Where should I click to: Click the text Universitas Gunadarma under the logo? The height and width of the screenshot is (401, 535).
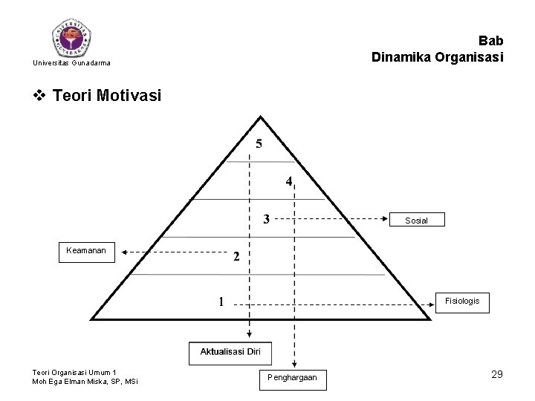pyautogui.click(x=72, y=63)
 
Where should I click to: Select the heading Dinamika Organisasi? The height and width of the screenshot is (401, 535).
pyautogui.click(x=438, y=56)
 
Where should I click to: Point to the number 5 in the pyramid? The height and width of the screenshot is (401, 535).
pyautogui.click(x=259, y=144)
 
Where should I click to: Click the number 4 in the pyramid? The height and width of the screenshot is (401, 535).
pyautogui.click(x=289, y=181)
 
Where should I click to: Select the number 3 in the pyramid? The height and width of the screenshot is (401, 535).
pyautogui.click(x=267, y=218)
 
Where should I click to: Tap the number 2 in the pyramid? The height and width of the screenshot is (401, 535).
pyautogui.click(x=236, y=257)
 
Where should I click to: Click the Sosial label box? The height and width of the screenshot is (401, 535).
pyautogui.click(x=416, y=220)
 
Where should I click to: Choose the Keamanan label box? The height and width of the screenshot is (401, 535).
pyautogui.click(x=87, y=250)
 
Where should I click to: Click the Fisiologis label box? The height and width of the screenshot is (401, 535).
pyautogui.click(x=462, y=301)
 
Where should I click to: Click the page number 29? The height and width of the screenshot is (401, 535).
pyautogui.click(x=496, y=374)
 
